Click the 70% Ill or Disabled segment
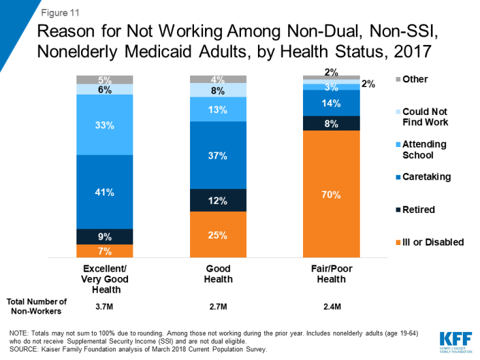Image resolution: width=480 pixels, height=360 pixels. (332, 193)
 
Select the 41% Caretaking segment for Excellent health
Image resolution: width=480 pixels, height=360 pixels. (104, 192)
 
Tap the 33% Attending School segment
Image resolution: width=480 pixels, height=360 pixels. (104, 125)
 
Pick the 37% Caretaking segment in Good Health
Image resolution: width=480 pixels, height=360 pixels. (218, 155)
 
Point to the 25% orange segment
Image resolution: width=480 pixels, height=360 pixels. (218, 235)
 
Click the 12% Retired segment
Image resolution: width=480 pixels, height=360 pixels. (218, 200)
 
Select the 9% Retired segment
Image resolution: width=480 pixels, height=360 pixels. (104, 237)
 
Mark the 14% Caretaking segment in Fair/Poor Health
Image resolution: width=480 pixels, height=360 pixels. (332, 103)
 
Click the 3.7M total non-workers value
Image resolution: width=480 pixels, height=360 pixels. (104, 305)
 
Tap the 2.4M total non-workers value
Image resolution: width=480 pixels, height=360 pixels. (332, 305)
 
